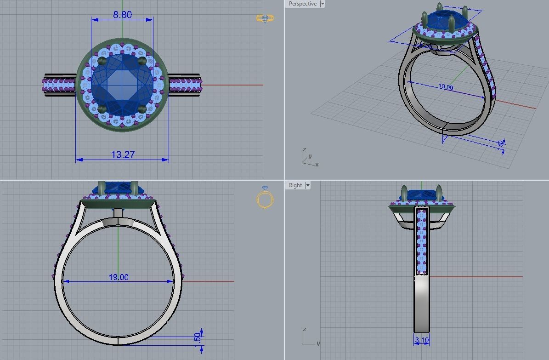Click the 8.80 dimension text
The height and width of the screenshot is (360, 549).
122,15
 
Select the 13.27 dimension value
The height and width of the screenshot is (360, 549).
123,155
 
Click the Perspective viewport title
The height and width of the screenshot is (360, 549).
303,4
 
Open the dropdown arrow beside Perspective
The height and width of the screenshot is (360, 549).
323,4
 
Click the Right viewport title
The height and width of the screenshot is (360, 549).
295,185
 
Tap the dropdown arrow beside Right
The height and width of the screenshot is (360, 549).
308,185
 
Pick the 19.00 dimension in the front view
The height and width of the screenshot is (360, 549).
119,277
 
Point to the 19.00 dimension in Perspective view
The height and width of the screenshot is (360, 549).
445,87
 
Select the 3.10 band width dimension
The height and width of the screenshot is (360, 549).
421,341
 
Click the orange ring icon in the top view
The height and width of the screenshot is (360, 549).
265,18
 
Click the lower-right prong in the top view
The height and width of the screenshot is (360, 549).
142,109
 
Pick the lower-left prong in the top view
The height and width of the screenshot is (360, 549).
103,109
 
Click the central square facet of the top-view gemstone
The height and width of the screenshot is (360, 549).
122,85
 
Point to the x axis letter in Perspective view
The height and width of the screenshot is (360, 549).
317,165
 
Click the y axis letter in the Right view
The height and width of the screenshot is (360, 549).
318,343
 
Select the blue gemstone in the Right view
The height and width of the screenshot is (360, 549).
421,195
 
